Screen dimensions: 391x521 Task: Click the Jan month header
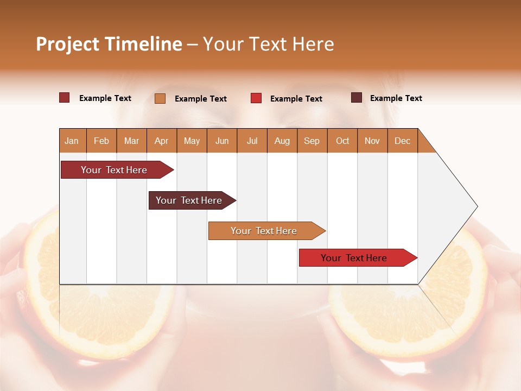pyautogui.click(x=72, y=141)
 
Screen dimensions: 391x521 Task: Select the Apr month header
pyautogui.click(x=161, y=141)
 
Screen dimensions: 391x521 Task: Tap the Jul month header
pyautogui.click(x=252, y=141)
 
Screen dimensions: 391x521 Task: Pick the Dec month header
pyautogui.click(x=402, y=141)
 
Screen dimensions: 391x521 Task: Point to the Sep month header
pyautogui.click(x=312, y=141)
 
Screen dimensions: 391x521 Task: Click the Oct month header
pyautogui.click(x=342, y=141)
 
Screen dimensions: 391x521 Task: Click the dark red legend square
pyautogui.click(x=64, y=98)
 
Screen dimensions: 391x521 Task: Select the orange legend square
pyautogui.click(x=160, y=98)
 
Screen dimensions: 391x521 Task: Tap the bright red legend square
pyautogui.click(x=256, y=98)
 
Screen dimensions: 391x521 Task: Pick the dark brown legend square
pyautogui.click(x=356, y=98)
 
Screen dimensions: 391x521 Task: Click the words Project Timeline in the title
pyautogui.click(x=109, y=44)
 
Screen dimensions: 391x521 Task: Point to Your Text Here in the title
pyautogui.click(x=268, y=44)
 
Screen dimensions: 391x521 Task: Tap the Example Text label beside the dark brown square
pyautogui.click(x=396, y=98)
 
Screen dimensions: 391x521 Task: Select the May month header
pyautogui.click(x=192, y=141)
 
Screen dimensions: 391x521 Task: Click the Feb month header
pyautogui.click(x=101, y=141)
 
